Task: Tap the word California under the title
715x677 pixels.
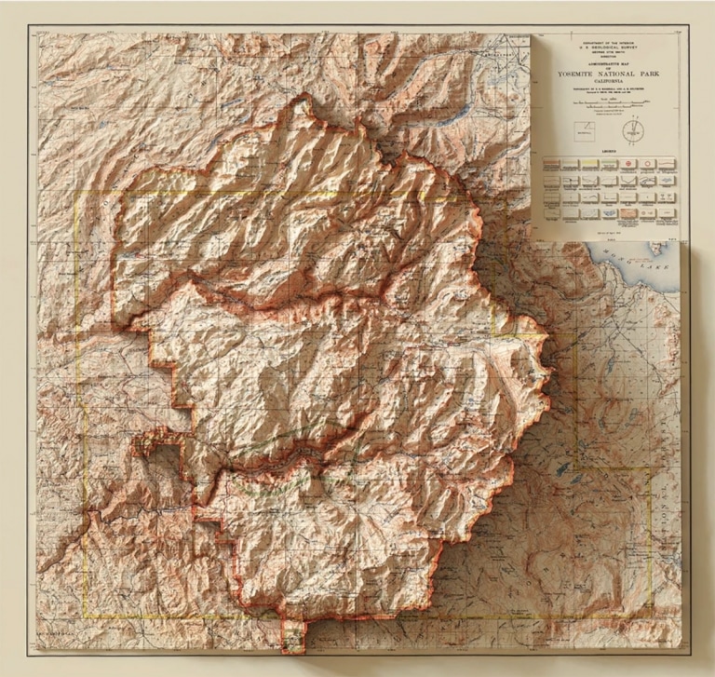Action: pos(608,81)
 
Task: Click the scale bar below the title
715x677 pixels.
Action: pos(608,103)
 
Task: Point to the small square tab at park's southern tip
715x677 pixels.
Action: pos(293,637)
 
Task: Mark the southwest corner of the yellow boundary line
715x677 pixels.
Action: pos(84,616)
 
